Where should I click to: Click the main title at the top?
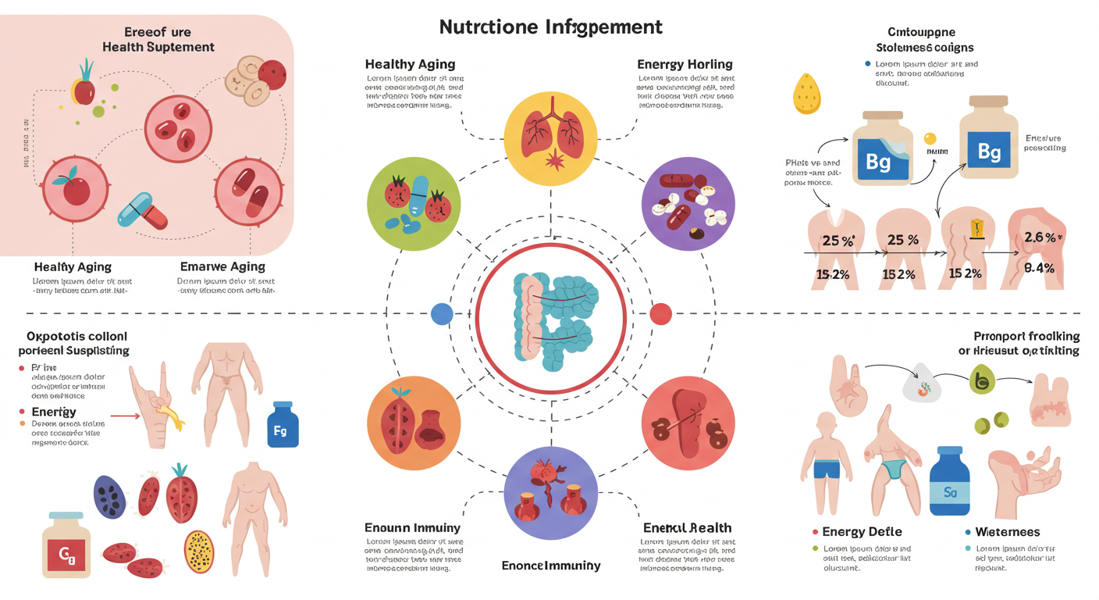(550, 27)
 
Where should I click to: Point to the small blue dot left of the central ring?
(442, 314)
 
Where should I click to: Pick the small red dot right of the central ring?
(660, 314)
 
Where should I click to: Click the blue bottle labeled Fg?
(283, 425)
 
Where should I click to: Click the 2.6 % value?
(1043, 237)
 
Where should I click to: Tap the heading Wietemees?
(1007, 532)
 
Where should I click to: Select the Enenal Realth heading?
(687, 528)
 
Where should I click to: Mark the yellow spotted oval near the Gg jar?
(199, 552)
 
